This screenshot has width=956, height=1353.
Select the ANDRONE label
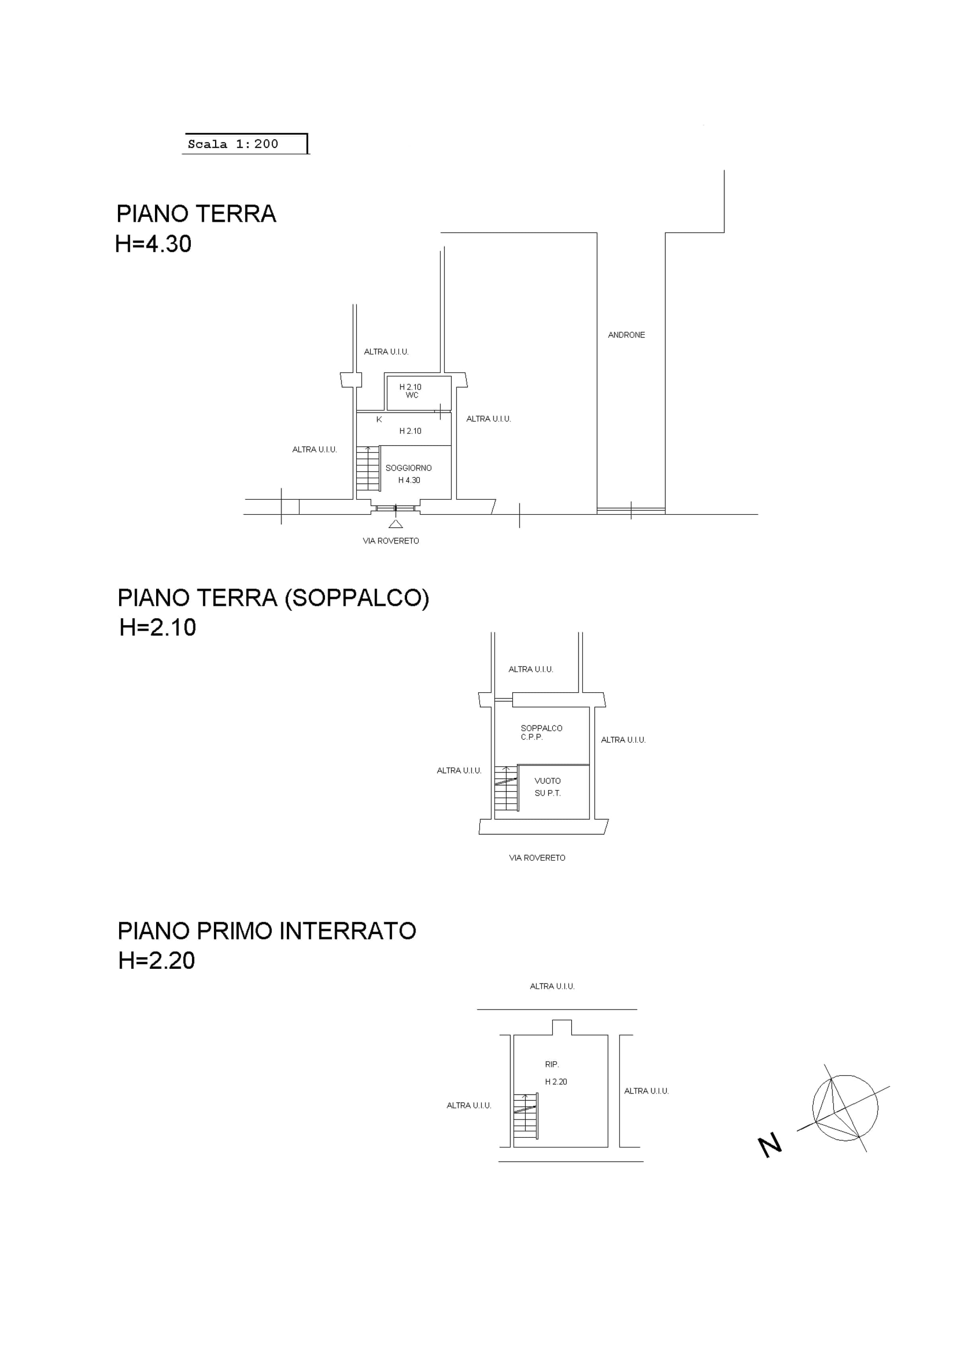click(x=626, y=335)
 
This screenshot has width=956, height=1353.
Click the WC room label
click(x=412, y=395)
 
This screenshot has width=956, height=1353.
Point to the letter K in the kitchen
click(x=379, y=420)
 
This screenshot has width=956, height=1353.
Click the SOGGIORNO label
click(x=409, y=468)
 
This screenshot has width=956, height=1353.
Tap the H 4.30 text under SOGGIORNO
click(x=409, y=480)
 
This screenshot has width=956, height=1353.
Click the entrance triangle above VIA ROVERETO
click(x=396, y=523)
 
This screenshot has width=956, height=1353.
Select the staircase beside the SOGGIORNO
click(x=368, y=469)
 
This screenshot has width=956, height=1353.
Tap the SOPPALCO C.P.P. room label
click(x=541, y=732)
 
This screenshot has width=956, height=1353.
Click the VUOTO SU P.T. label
click(x=548, y=787)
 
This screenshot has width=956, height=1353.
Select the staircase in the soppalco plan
click(x=506, y=788)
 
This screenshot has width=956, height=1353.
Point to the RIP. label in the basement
click(x=552, y=1064)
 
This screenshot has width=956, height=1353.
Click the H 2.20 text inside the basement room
click(x=556, y=1081)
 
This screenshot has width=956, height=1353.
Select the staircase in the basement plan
click(x=525, y=1116)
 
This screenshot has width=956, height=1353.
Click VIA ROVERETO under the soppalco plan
click(x=537, y=858)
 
